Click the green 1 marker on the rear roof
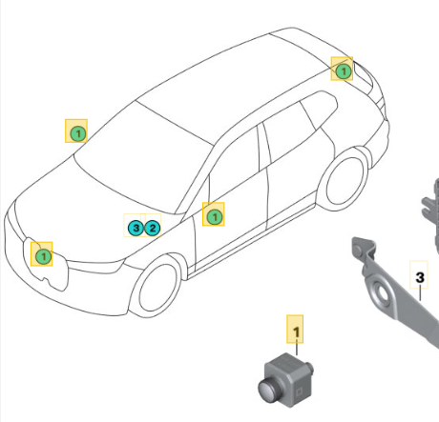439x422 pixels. point(344,70)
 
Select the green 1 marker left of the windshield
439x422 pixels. point(77,133)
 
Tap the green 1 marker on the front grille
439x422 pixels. point(43,256)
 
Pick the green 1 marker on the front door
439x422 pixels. point(215,217)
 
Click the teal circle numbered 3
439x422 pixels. point(136,228)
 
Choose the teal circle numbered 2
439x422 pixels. point(153,228)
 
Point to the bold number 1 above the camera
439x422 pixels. point(296,332)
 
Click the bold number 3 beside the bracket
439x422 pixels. point(420,277)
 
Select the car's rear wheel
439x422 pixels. point(346,182)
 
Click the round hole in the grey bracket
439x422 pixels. point(383,293)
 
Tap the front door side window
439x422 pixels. point(234,165)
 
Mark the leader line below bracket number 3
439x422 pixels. point(420,293)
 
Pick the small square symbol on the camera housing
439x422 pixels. point(299,392)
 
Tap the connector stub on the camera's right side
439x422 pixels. point(309,369)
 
